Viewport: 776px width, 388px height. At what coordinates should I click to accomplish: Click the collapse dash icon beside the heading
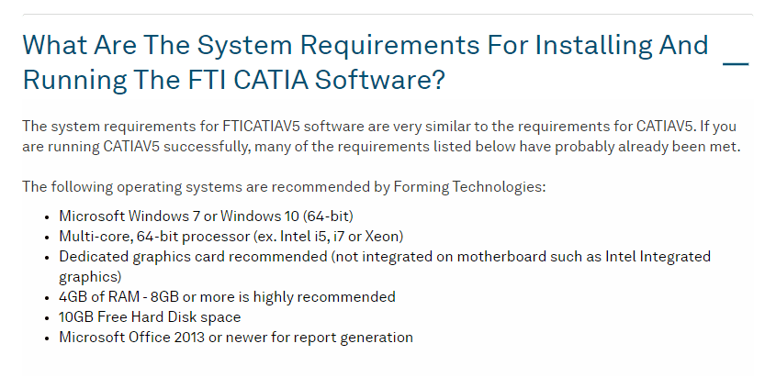point(736,64)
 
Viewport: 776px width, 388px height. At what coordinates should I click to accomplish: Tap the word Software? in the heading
point(380,80)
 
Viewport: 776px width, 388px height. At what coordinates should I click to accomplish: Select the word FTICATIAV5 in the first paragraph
point(261,126)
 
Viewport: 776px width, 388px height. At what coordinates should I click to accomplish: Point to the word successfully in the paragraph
point(207,147)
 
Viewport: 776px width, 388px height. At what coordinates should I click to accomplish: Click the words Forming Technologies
point(469,187)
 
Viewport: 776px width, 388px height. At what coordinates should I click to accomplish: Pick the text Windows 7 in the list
point(158,216)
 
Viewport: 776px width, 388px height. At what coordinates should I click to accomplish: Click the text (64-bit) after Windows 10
point(328,216)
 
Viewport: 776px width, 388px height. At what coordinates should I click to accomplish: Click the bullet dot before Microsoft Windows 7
point(47,217)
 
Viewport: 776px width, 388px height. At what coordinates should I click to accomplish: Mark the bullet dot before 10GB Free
point(47,317)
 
